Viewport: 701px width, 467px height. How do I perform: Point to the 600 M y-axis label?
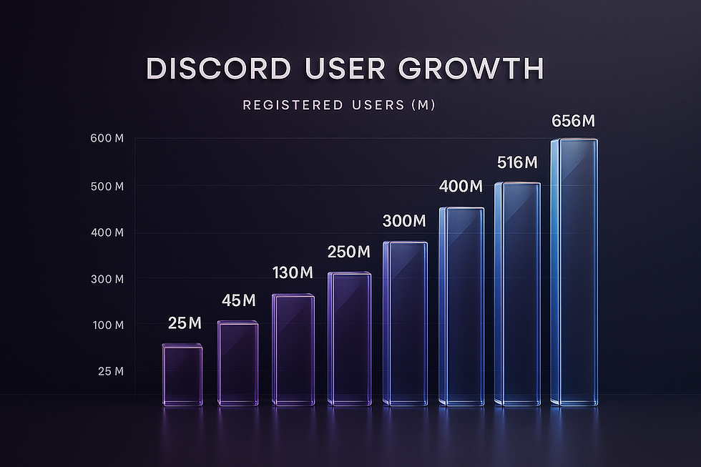[x=109, y=138]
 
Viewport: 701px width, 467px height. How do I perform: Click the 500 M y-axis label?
[x=109, y=186]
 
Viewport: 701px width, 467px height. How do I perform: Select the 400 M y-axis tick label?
[x=109, y=232]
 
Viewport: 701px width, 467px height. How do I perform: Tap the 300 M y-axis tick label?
[x=109, y=278]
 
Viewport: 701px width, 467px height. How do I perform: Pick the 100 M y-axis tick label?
[x=109, y=325]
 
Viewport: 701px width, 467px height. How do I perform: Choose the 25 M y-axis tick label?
[x=110, y=371]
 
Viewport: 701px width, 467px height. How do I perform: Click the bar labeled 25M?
[x=182, y=375]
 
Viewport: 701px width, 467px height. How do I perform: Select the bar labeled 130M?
[x=293, y=350]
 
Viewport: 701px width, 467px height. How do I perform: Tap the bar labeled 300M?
[x=405, y=323]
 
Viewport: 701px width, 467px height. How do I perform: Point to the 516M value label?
[x=517, y=163]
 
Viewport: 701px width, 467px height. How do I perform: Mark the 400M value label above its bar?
[x=461, y=187]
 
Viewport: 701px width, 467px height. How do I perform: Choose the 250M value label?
[x=349, y=252]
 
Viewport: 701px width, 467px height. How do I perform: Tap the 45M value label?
[x=237, y=300]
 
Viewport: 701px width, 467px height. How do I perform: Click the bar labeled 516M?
[x=517, y=293]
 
